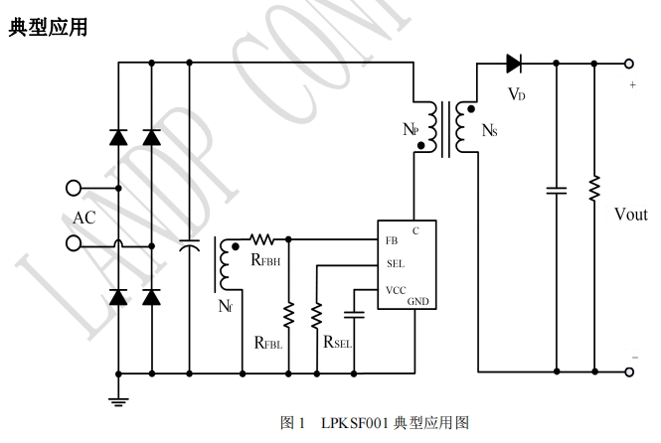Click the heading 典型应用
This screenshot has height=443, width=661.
pyautogui.click(x=47, y=27)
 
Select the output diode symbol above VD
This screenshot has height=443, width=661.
pyautogui.click(x=514, y=64)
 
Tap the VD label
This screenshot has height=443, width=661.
pyautogui.click(x=516, y=94)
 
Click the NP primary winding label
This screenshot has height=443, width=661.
pyautogui.click(x=411, y=130)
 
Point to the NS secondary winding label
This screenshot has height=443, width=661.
pyautogui.click(x=490, y=130)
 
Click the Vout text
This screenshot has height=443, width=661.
pyautogui.click(x=630, y=215)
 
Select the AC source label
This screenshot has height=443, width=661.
pyautogui.click(x=84, y=218)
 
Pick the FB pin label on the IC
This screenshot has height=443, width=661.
pyautogui.click(x=392, y=240)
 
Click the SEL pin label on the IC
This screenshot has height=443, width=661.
pyautogui.click(x=395, y=264)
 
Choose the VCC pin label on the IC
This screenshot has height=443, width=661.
pyautogui.click(x=396, y=289)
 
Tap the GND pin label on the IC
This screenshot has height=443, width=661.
pyautogui.click(x=418, y=301)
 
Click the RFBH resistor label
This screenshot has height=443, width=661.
pyautogui.click(x=265, y=260)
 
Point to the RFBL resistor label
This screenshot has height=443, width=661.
pyautogui.click(x=268, y=344)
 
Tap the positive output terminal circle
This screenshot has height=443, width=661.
pyautogui.click(x=628, y=63)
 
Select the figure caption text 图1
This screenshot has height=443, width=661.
pyautogui.click(x=293, y=423)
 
